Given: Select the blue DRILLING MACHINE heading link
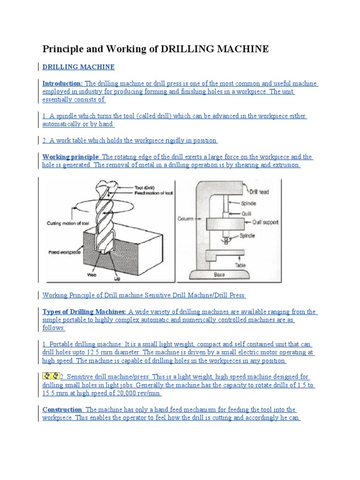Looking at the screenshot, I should (x=78, y=67).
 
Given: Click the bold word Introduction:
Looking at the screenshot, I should (x=62, y=83).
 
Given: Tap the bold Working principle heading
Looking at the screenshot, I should (x=71, y=157).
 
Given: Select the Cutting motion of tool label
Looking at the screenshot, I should (x=68, y=224).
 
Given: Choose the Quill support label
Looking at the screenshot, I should (x=265, y=223).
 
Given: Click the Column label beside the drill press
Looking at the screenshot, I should (x=186, y=218).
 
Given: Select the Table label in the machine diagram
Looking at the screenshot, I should (x=240, y=265).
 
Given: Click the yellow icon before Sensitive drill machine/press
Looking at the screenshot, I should (x=51, y=376).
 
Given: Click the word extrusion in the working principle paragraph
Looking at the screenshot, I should (x=285, y=165).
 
